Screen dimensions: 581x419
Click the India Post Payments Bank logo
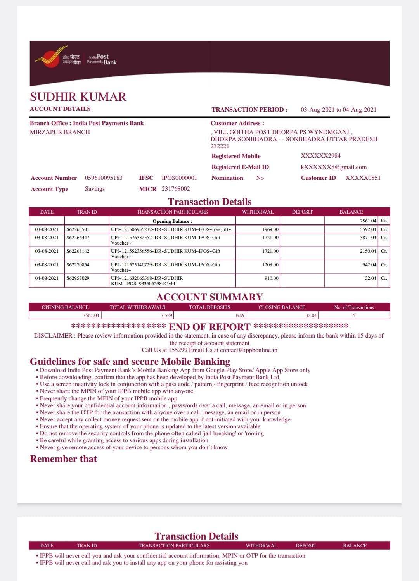[76, 60]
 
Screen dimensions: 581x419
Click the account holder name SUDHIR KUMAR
[78, 97]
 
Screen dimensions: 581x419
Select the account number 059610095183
[104, 178]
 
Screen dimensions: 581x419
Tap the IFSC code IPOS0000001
[179, 178]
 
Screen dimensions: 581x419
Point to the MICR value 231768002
[176, 189]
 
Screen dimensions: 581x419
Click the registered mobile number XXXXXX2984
[320, 156]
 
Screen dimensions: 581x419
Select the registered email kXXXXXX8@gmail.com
[334, 167]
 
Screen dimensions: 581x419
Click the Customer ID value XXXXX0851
[363, 178]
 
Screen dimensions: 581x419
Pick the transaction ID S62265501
[78, 229]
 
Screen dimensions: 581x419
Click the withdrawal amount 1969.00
[270, 229]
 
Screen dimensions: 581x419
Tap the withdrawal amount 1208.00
[270, 265]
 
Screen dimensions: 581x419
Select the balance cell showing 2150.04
[368, 251]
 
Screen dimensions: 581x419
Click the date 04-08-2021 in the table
[47, 278]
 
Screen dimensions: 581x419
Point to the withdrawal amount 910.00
[271, 278]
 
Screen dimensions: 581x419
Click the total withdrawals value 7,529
[166, 315]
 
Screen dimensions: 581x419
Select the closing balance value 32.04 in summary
[311, 315]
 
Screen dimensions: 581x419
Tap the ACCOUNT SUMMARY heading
[209, 297]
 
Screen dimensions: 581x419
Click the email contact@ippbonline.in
[249, 350]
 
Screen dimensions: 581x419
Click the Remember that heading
[63, 459]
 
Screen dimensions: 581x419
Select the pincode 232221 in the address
[220, 146]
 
